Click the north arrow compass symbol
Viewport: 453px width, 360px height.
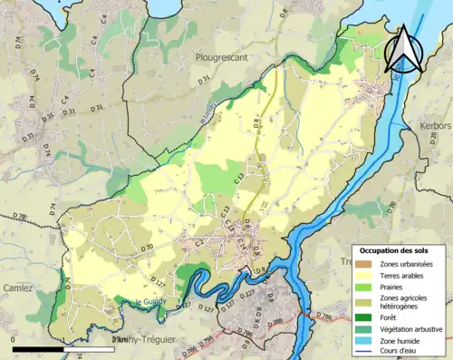[404, 49]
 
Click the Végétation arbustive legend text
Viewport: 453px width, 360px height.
[411, 328]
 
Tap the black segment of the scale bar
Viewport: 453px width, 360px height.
[38, 348]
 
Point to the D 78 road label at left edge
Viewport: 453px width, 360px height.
[20, 216]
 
